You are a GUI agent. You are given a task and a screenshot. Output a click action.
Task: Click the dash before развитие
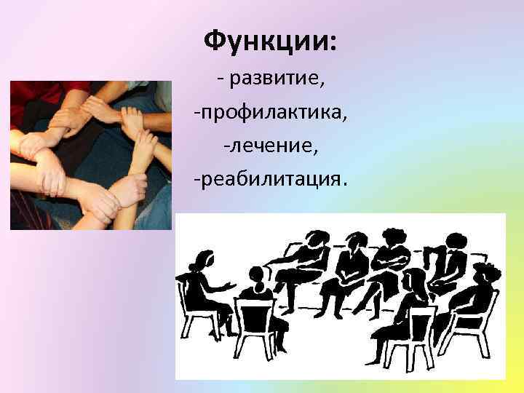tap(220, 79)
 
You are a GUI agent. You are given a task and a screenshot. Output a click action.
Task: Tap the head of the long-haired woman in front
tap(415, 280)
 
